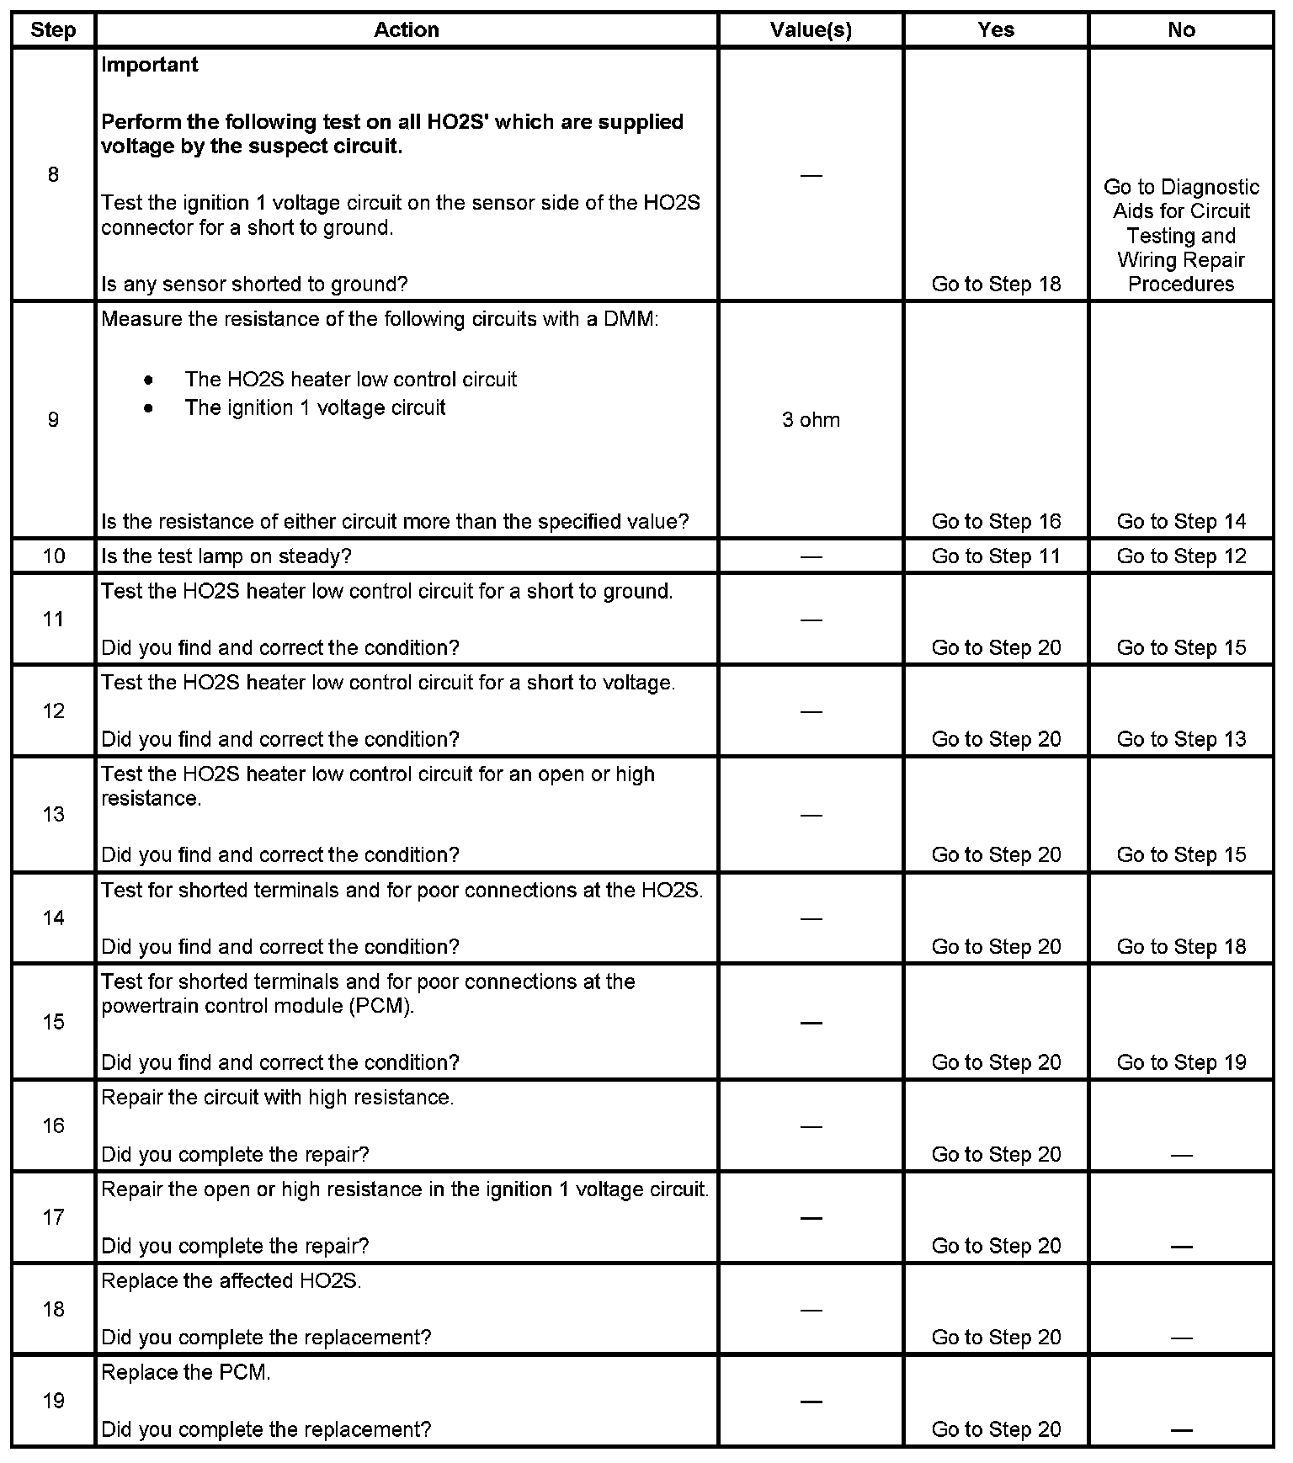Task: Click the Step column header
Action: (x=53, y=30)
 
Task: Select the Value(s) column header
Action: (x=811, y=30)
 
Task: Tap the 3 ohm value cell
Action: (x=811, y=420)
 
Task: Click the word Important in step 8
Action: (x=150, y=65)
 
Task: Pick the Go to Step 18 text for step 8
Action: (x=996, y=285)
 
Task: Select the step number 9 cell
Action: (x=53, y=420)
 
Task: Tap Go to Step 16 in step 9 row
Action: (x=996, y=522)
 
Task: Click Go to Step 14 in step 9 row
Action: (x=1181, y=522)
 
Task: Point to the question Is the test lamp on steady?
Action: (x=226, y=556)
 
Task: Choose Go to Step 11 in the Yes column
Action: (x=996, y=556)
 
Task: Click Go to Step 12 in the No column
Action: (x=1181, y=556)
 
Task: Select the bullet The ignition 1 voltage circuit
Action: (x=315, y=408)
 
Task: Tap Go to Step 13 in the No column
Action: (x=1181, y=739)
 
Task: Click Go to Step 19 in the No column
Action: (x=1181, y=1062)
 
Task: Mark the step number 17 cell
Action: (x=53, y=1217)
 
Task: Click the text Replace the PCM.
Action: (x=186, y=1373)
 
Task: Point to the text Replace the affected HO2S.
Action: (x=231, y=1281)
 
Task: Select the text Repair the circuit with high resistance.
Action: (x=277, y=1098)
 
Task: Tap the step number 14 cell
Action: (x=53, y=918)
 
